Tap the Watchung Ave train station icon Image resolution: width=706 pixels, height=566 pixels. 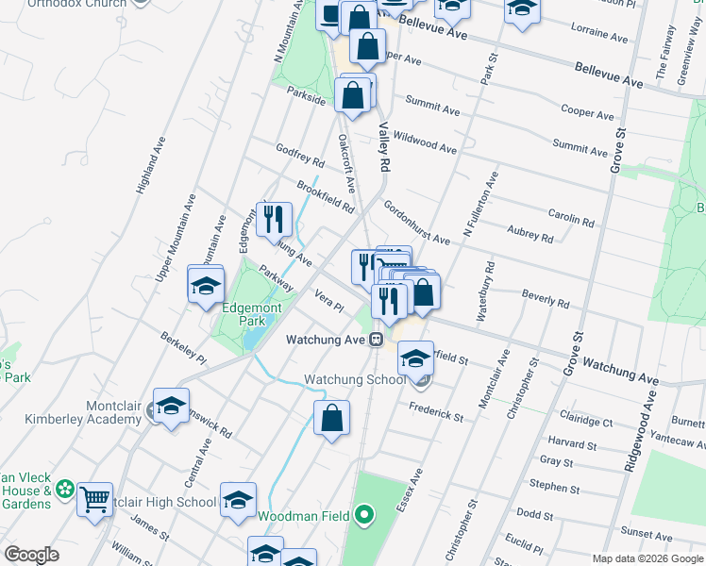click(x=375, y=340)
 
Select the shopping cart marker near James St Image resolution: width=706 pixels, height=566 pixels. click(x=94, y=499)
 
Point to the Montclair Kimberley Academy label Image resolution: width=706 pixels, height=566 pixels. click(x=100, y=411)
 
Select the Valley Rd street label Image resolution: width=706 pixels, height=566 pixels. click(x=384, y=149)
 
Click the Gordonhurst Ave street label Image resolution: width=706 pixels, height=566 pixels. click(x=416, y=223)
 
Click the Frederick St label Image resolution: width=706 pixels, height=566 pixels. click(x=435, y=410)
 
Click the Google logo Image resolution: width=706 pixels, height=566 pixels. click(x=31, y=555)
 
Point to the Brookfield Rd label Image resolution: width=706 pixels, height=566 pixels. click(x=325, y=195)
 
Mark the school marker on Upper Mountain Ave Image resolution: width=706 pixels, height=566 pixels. click(x=206, y=285)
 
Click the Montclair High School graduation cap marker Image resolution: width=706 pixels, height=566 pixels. click(x=238, y=500)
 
